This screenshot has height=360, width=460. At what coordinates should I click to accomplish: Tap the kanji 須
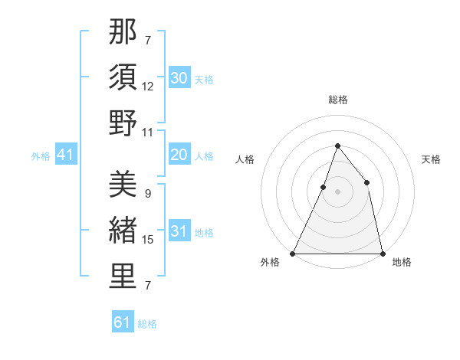123,77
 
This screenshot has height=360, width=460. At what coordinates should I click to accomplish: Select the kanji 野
123,123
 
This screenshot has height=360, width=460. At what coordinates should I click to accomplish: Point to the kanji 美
123,184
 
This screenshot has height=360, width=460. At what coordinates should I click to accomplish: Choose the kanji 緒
123,230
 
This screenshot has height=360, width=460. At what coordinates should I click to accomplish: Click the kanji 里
123,276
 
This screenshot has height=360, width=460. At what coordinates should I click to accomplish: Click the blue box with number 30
179,77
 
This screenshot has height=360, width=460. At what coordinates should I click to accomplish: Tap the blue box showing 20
179,155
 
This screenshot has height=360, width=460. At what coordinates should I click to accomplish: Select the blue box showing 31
179,232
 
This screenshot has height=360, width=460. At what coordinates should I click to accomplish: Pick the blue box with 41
65,155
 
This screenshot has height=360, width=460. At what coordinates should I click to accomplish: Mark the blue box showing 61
123,322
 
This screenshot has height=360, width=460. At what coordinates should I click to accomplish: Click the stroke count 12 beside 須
148,87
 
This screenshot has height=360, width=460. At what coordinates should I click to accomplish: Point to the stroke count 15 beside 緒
148,240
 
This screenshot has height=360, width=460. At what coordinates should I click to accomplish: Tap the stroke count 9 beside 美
147,194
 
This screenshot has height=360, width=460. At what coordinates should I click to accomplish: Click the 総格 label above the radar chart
337,100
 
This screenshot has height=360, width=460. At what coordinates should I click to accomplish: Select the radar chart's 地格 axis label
402,262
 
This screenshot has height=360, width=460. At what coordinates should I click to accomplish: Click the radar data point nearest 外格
293,253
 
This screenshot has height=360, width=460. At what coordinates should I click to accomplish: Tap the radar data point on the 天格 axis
367,182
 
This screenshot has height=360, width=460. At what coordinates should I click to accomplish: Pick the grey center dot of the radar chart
337,191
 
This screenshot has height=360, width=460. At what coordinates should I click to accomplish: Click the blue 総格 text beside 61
147,324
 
